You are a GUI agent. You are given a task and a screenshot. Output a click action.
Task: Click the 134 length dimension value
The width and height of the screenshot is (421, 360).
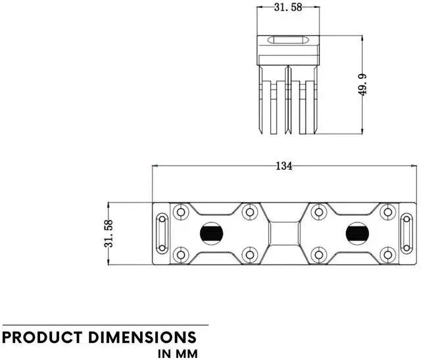tap(284, 167)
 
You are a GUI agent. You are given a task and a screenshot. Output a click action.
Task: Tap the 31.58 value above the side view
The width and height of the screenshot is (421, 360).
tap(287, 8)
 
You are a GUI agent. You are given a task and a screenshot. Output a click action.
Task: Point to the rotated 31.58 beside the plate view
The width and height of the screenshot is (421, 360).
tap(109, 234)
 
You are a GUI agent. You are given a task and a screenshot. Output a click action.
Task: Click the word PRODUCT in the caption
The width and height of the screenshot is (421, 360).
tap(41, 338)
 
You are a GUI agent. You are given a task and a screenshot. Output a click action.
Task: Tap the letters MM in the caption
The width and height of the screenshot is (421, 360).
tap(185, 353)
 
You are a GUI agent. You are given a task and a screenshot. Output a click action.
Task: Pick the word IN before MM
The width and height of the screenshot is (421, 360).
tap(164, 353)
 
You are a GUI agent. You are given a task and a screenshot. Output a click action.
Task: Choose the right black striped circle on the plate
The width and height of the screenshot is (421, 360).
tap(357, 233)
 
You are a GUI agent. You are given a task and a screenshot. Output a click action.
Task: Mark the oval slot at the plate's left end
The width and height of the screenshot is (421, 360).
tap(162, 233)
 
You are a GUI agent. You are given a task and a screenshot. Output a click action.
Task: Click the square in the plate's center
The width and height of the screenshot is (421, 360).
tap(284, 233)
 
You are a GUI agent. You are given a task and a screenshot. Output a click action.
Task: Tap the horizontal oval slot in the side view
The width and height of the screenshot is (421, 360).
tap(287, 40)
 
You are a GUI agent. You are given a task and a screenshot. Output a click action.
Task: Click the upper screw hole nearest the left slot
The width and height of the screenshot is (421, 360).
tap(180, 212)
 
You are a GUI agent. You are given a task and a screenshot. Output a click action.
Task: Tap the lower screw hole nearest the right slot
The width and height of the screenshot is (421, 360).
tap(387, 254)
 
